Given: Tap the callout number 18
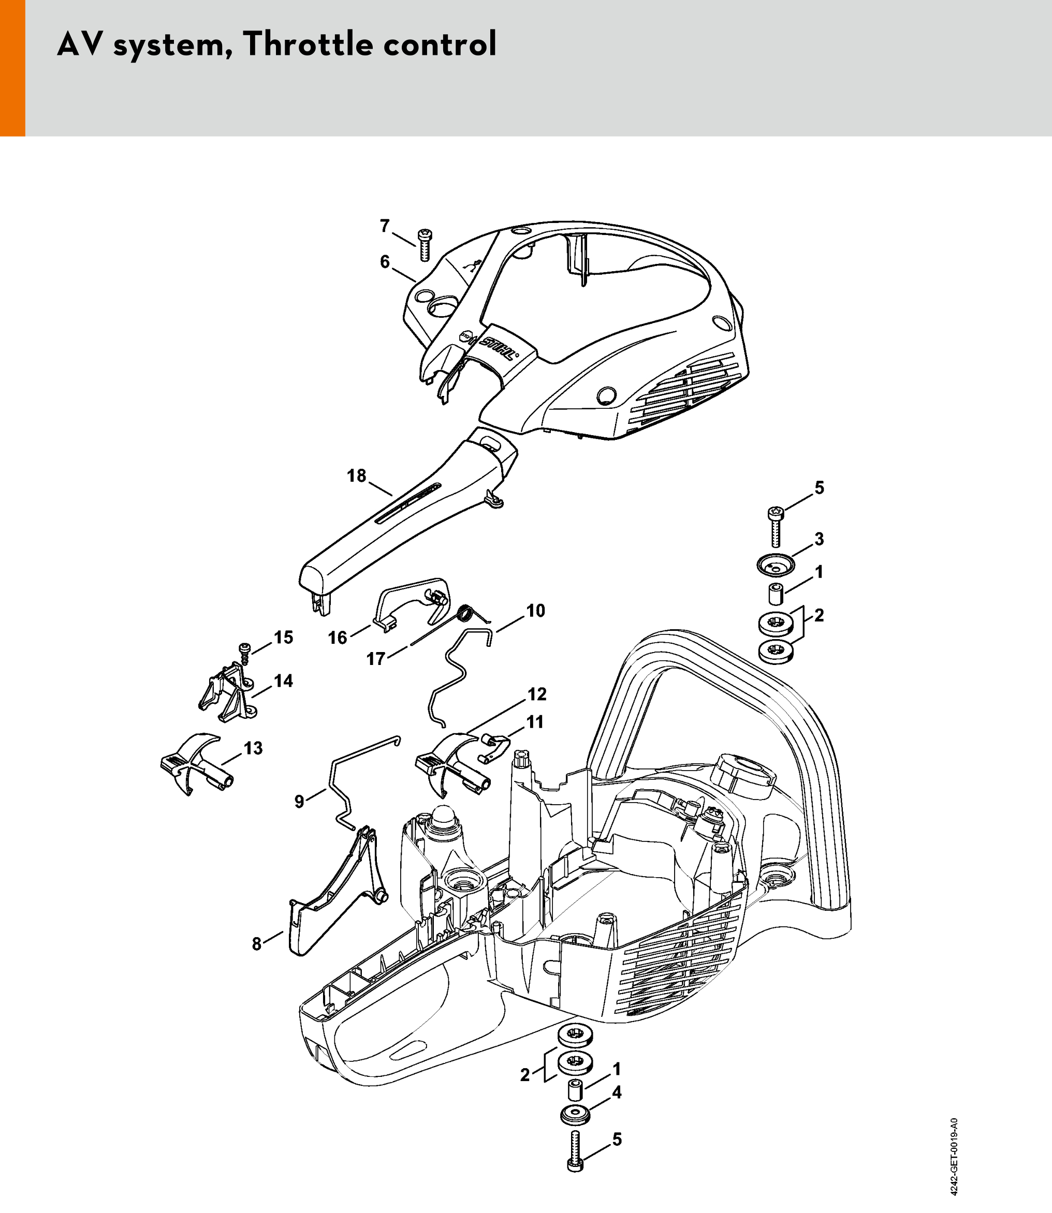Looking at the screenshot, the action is point(356,476).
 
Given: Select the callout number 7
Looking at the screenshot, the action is point(385,226).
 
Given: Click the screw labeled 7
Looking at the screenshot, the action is point(424,245).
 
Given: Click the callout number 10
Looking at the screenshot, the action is point(535,611).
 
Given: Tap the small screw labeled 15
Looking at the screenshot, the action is point(244,653).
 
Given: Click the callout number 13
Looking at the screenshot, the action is point(253,748).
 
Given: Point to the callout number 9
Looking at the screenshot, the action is point(299,802).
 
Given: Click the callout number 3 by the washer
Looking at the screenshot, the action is point(819,539).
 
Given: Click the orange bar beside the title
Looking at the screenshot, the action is point(12,68).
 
